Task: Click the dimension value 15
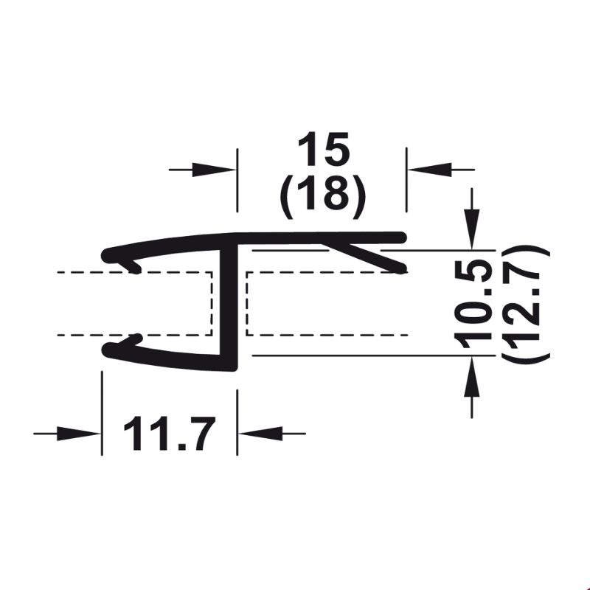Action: click(x=324, y=149)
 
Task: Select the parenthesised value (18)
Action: click(x=323, y=195)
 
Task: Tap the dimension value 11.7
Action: click(x=170, y=434)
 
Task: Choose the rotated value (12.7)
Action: click(x=526, y=303)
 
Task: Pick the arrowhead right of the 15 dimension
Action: click(x=430, y=170)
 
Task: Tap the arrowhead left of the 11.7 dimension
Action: click(x=78, y=434)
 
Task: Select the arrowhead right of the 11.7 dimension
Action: click(x=261, y=434)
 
